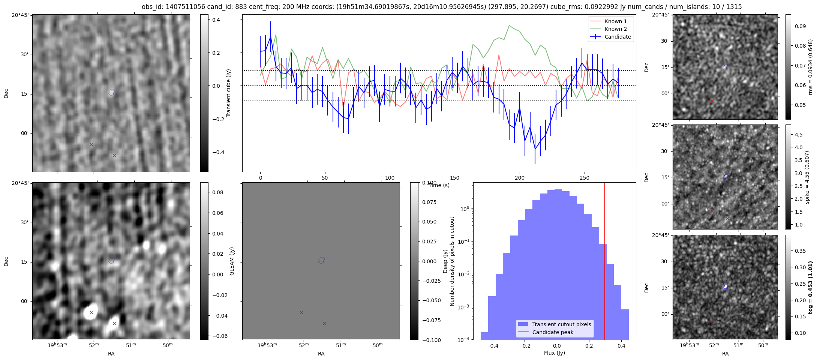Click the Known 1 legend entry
[x=615, y=21]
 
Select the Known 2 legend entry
[x=615, y=29]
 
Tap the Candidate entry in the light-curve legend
[x=618, y=37]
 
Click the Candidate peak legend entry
[x=553, y=332]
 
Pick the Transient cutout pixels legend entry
[x=561, y=324]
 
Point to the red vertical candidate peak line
[x=605, y=262]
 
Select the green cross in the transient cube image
[x=115, y=155]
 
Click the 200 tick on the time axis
[x=519, y=178]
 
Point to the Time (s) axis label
[x=439, y=185]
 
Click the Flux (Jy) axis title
[x=554, y=353]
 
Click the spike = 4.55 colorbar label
[x=807, y=177]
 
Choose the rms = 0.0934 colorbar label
[x=810, y=67]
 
